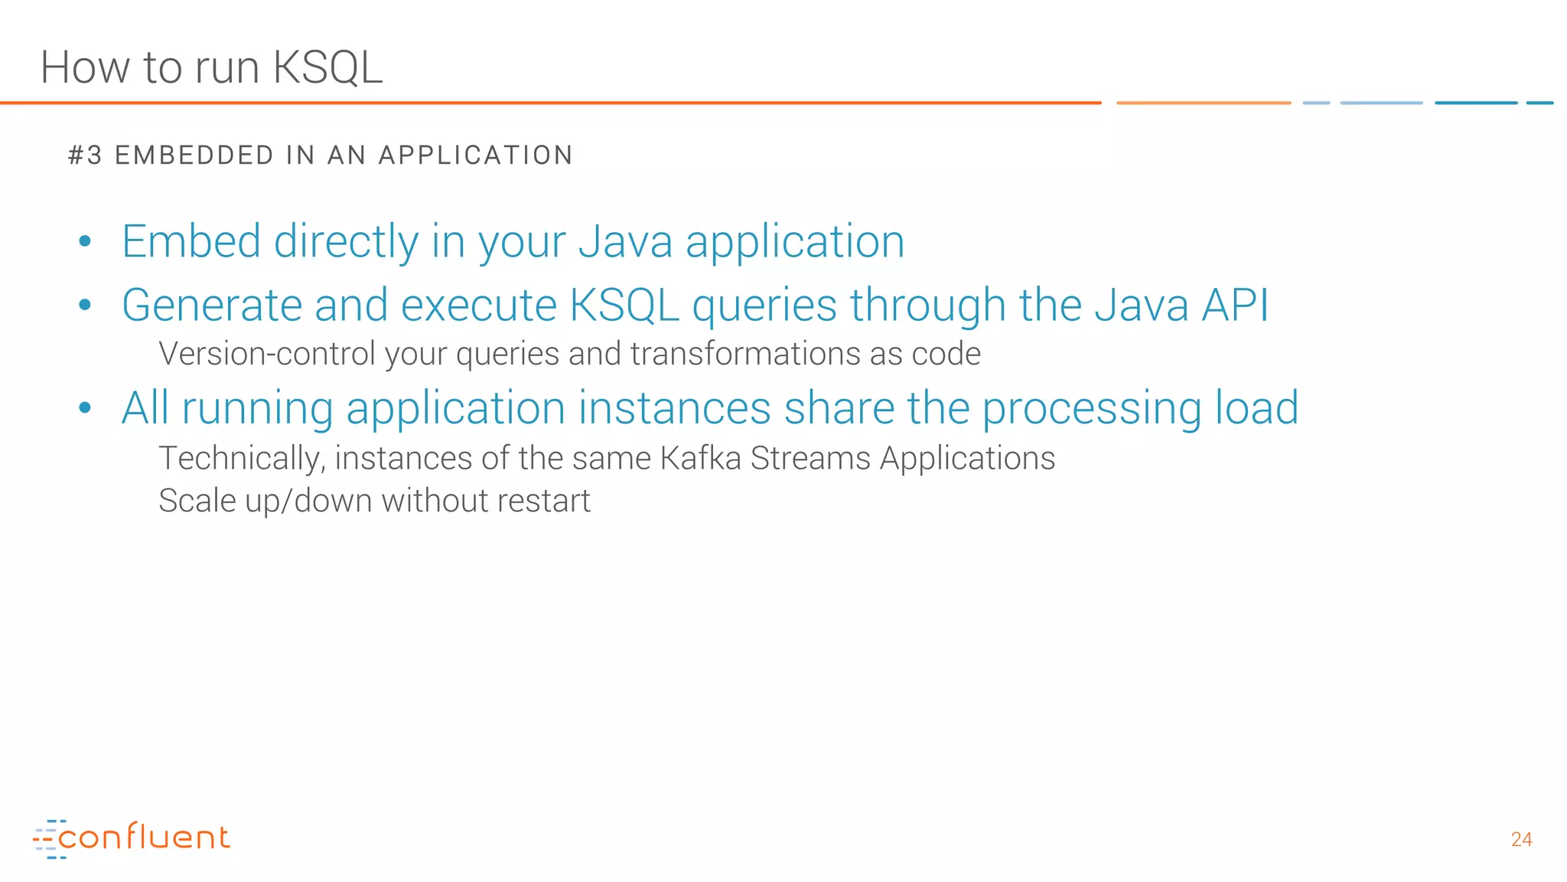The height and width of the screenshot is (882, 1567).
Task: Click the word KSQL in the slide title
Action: click(x=327, y=67)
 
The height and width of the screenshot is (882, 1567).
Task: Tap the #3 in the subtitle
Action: click(x=85, y=155)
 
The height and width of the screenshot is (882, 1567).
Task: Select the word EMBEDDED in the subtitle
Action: click(x=194, y=155)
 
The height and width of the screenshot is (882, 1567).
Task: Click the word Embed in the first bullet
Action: click(x=191, y=242)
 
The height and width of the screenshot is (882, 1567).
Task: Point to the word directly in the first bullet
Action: click(x=346, y=242)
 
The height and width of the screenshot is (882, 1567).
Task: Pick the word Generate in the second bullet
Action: click(x=211, y=305)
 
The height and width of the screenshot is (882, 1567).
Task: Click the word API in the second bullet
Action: click(x=1235, y=305)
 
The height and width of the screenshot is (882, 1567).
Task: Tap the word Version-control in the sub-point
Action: click(x=266, y=354)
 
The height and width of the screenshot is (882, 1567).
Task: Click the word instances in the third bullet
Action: click(x=674, y=408)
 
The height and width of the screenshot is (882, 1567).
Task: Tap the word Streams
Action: click(x=810, y=459)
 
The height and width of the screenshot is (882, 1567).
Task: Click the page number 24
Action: click(x=1521, y=840)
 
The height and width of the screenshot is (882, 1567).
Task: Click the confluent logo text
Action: click(x=144, y=838)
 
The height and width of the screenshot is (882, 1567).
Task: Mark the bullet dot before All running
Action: click(x=85, y=408)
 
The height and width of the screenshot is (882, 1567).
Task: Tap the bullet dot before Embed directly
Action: click(x=85, y=242)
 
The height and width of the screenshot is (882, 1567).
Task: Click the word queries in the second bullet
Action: click(x=764, y=305)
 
